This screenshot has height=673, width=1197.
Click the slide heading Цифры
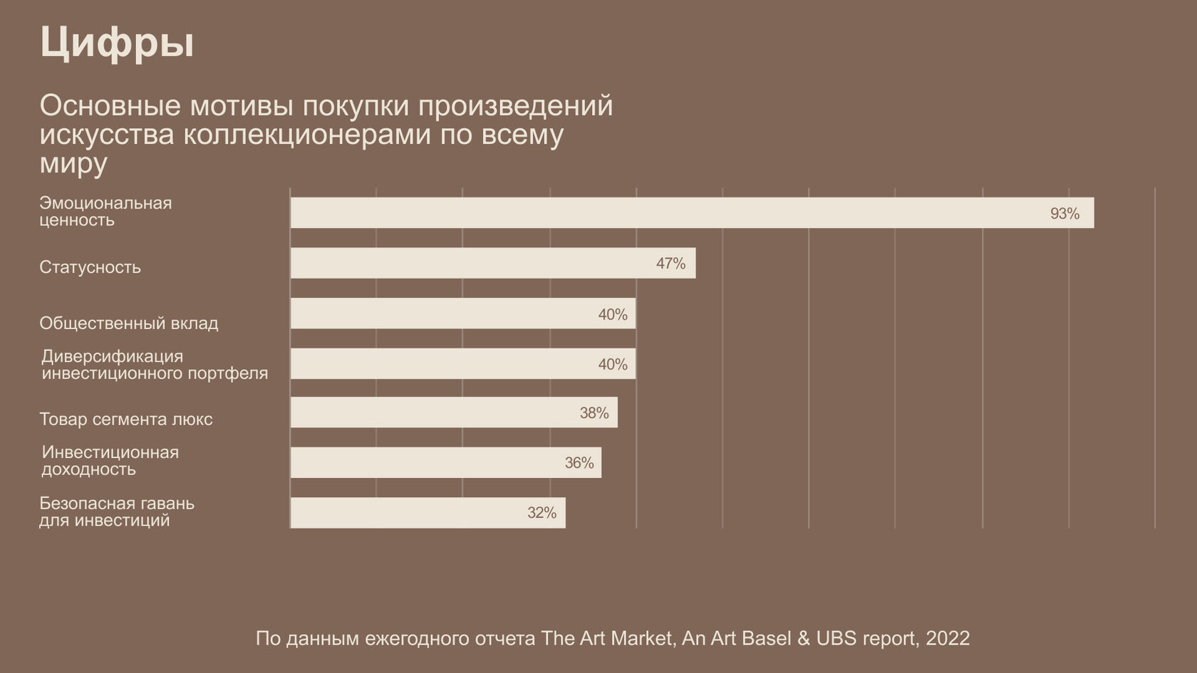click(117, 43)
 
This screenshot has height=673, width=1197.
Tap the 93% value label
click(1064, 214)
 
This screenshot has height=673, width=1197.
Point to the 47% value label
click(670, 264)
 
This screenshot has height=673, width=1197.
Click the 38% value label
click(594, 413)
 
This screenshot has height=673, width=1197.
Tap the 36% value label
click(579, 463)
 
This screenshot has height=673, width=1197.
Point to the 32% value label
click(541, 513)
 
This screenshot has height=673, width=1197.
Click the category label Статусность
click(90, 267)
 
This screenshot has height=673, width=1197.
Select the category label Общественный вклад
click(129, 323)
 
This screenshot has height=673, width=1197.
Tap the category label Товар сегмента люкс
click(126, 419)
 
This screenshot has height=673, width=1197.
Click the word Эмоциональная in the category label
click(105, 203)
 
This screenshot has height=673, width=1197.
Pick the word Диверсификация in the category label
click(112, 356)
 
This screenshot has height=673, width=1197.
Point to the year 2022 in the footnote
click(948, 638)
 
